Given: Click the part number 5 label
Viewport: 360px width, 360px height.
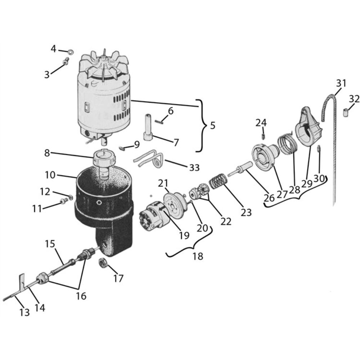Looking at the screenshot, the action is tap(213, 126).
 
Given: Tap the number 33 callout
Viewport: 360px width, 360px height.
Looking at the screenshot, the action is tap(194, 168).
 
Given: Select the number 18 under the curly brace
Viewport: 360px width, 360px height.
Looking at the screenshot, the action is tap(198, 256).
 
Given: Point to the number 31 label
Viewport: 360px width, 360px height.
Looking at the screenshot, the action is tap(341, 83).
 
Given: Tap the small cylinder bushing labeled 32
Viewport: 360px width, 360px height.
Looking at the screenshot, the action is tap(346, 113).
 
